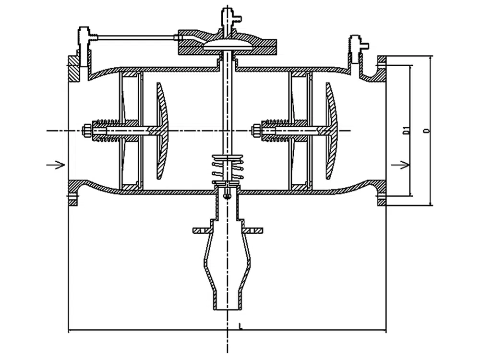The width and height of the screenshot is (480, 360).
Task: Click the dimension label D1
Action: click(406, 130)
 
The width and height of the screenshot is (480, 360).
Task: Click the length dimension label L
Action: click(240, 326)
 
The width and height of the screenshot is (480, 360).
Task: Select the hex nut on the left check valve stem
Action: click(88, 130)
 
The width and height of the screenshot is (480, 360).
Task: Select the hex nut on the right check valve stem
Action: click(257, 130)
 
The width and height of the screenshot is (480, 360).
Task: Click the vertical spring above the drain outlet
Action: click(227, 170)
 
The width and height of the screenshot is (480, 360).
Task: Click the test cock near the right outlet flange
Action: click(358, 46)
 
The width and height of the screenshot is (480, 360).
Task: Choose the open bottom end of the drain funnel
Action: click(227, 307)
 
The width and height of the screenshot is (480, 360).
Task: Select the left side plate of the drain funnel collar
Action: click(202, 231)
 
